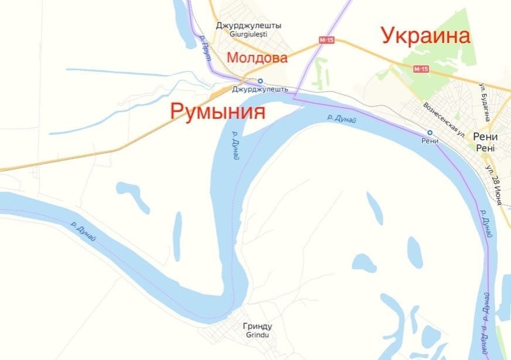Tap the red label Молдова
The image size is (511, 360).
coord(257,58)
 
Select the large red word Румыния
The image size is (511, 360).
coord(218,111)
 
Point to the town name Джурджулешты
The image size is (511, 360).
coord(248,26)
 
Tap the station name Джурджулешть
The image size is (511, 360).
coord(260,90)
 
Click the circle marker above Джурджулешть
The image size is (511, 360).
coord(260,81)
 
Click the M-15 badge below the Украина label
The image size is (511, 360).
coord(421,69)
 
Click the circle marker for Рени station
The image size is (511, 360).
coord(430,132)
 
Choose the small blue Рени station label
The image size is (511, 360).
coord(430,141)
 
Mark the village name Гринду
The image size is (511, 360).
coord(258,326)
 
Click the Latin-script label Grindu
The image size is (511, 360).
coord(257,335)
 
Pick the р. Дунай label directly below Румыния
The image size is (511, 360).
coord(234,146)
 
